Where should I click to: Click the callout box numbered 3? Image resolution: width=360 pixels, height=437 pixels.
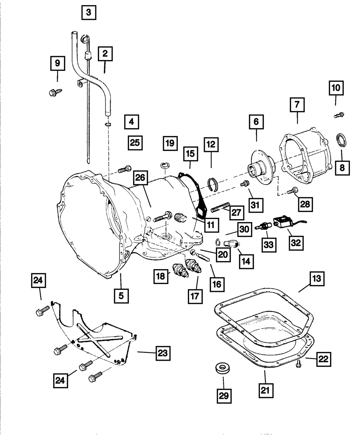[89, 13]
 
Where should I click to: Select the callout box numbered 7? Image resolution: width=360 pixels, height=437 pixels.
[297, 104]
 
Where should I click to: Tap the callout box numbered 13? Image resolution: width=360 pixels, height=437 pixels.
[317, 279]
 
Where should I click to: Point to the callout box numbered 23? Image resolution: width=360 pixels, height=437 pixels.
[163, 353]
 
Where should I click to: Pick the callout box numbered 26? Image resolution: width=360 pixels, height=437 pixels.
[140, 178]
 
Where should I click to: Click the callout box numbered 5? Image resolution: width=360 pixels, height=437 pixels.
[121, 296]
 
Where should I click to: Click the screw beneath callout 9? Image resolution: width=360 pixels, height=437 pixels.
[55, 92]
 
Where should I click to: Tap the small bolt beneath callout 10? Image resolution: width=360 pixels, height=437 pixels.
[339, 115]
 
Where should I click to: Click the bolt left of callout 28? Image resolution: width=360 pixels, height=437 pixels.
[292, 191]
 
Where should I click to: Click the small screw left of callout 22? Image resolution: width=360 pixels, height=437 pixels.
[299, 365]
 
